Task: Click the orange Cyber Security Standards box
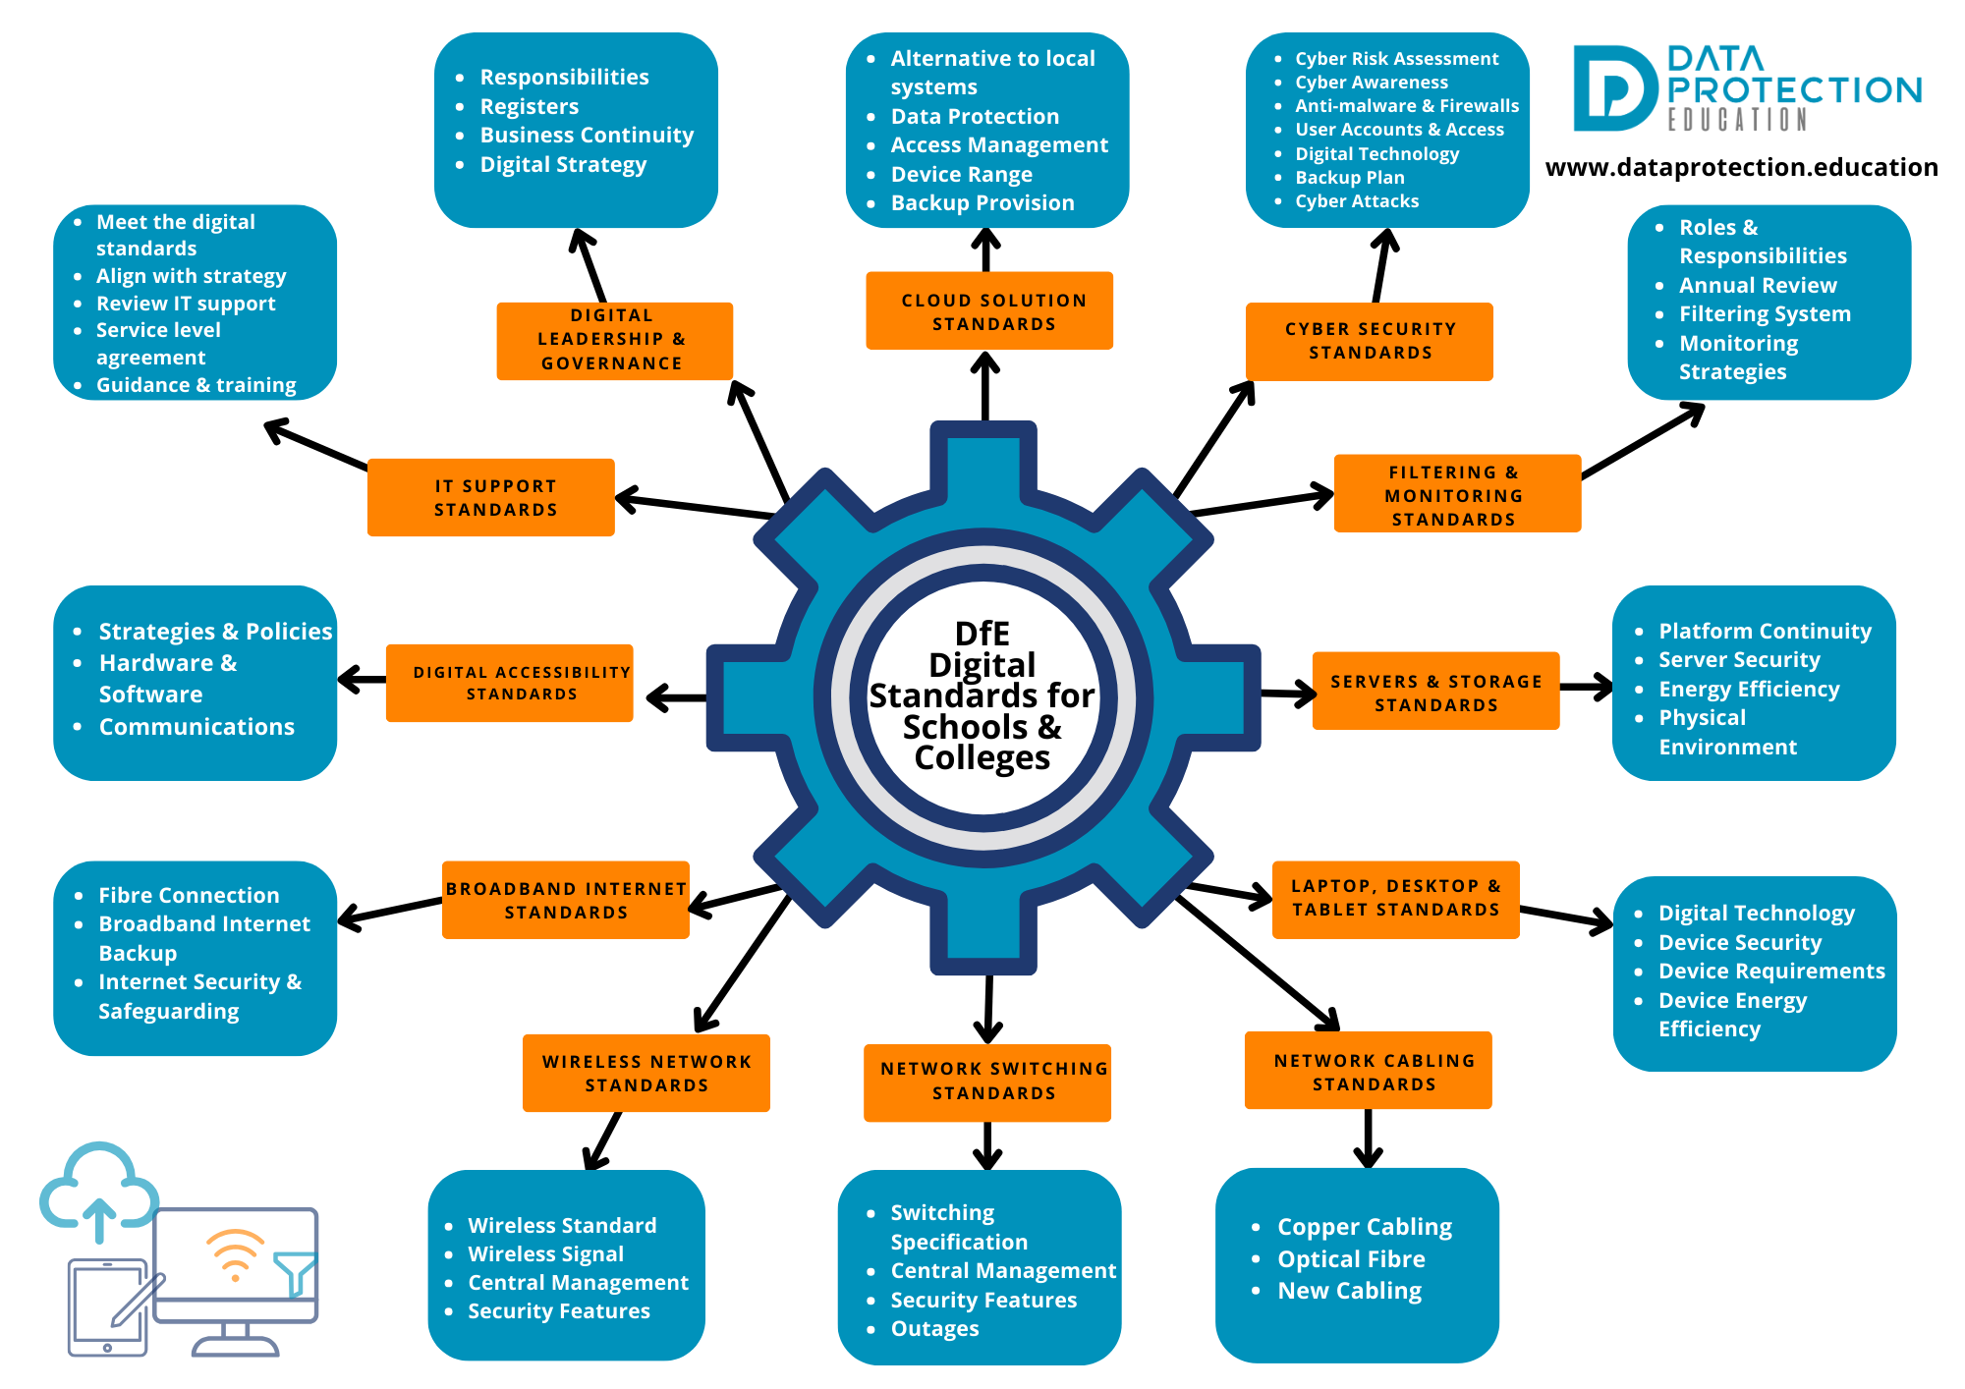[x=1369, y=341]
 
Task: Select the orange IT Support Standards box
[x=491, y=497]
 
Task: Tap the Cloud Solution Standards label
[x=989, y=311]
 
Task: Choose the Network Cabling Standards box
[x=1369, y=1071]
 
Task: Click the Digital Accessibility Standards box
[x=510, y=683]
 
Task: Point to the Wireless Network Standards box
[x=646, y=1073]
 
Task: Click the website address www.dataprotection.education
[x=1741, y=168]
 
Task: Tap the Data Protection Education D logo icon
[x=1613, y=88]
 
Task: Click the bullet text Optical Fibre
[x=1351, y=1259]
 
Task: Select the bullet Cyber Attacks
[x=1357, y=201]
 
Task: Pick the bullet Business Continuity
[x=587, y=136]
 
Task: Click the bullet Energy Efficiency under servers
[x=1749, y=690]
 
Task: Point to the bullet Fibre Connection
[x=189, y=896]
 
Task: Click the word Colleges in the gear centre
[x=982, y=758]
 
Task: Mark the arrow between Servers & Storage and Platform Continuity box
[x=1586, y=687]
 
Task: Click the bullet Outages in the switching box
[x=934, y=1329]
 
